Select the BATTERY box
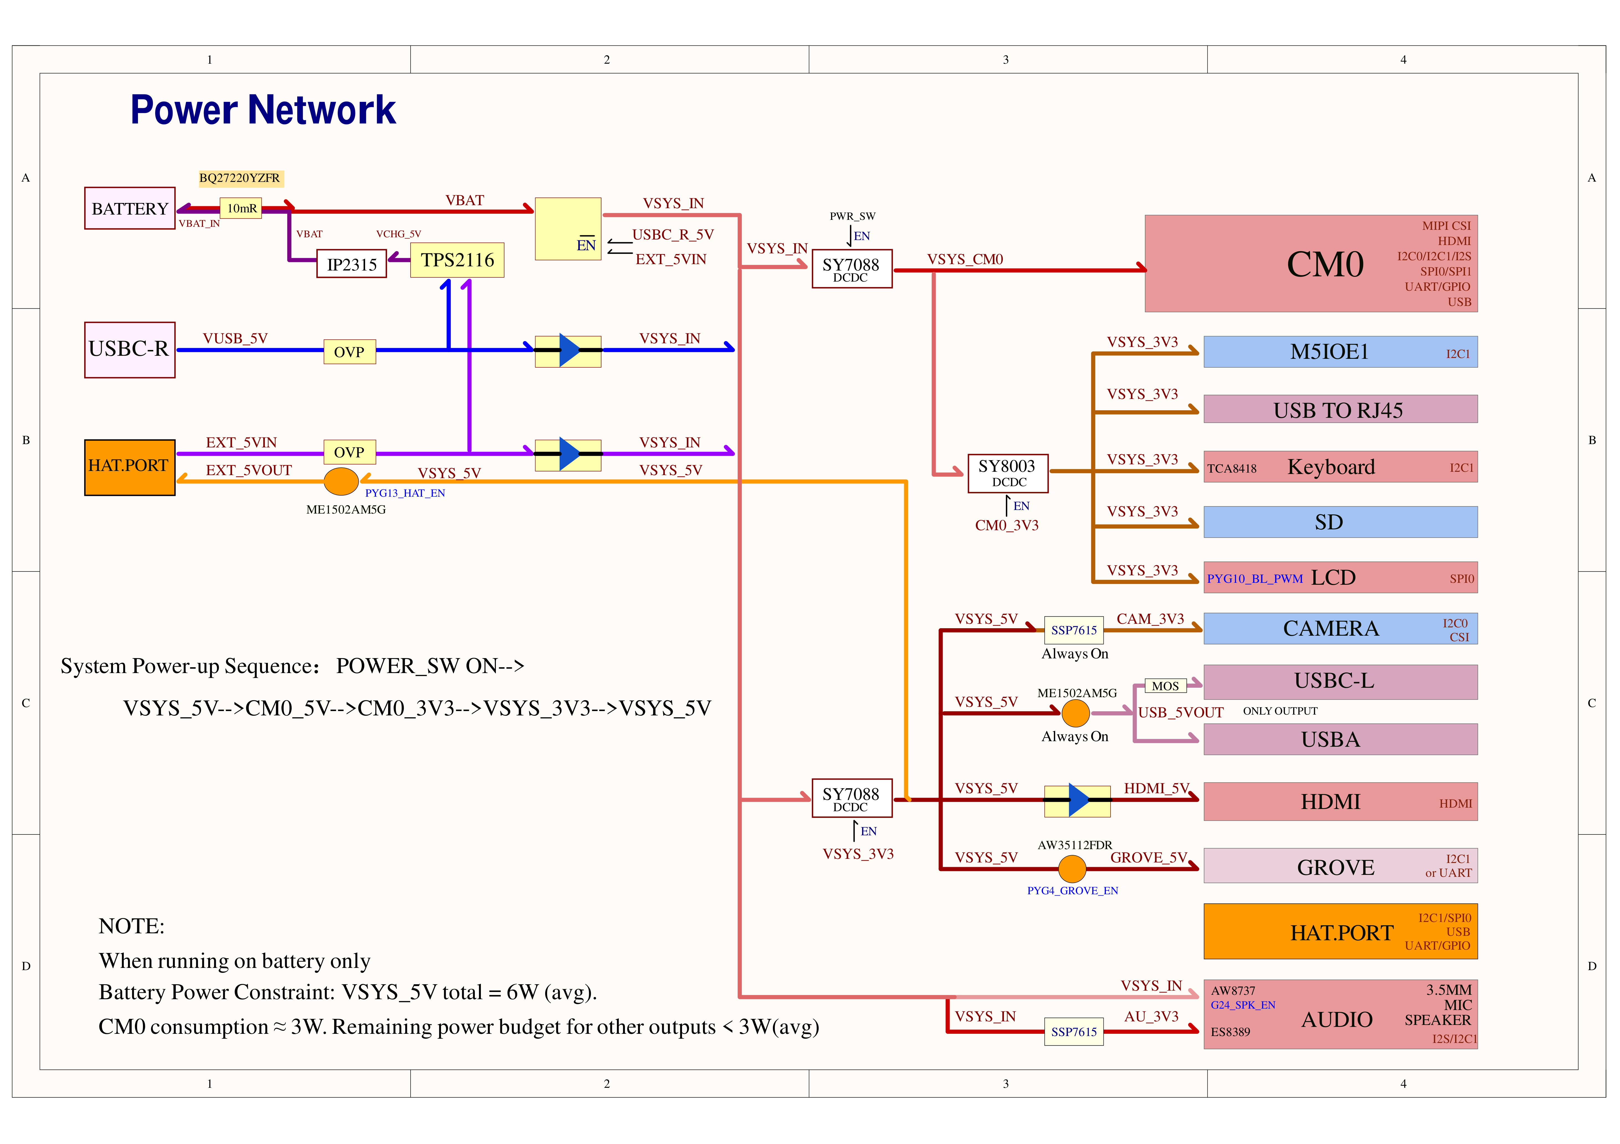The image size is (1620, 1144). coord(130,208)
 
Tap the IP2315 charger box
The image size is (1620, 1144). coord(351,264)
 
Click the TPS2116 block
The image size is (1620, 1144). coord(457,260)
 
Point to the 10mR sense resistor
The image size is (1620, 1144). coord(241,208)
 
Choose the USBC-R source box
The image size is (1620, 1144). coord(130,350)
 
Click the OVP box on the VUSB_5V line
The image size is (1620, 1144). coord(349,351)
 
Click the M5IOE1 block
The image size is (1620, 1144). coord(1340,352)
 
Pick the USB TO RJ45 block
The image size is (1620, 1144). coord(1340,409)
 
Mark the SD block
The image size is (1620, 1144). coord(1340,522)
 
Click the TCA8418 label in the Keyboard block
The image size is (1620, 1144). coord(1232,468)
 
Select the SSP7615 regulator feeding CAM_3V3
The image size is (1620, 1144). coord(1074,630)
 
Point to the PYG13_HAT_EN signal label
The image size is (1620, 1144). coord(405,493)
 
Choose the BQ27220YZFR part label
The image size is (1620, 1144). coord(240,178)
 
